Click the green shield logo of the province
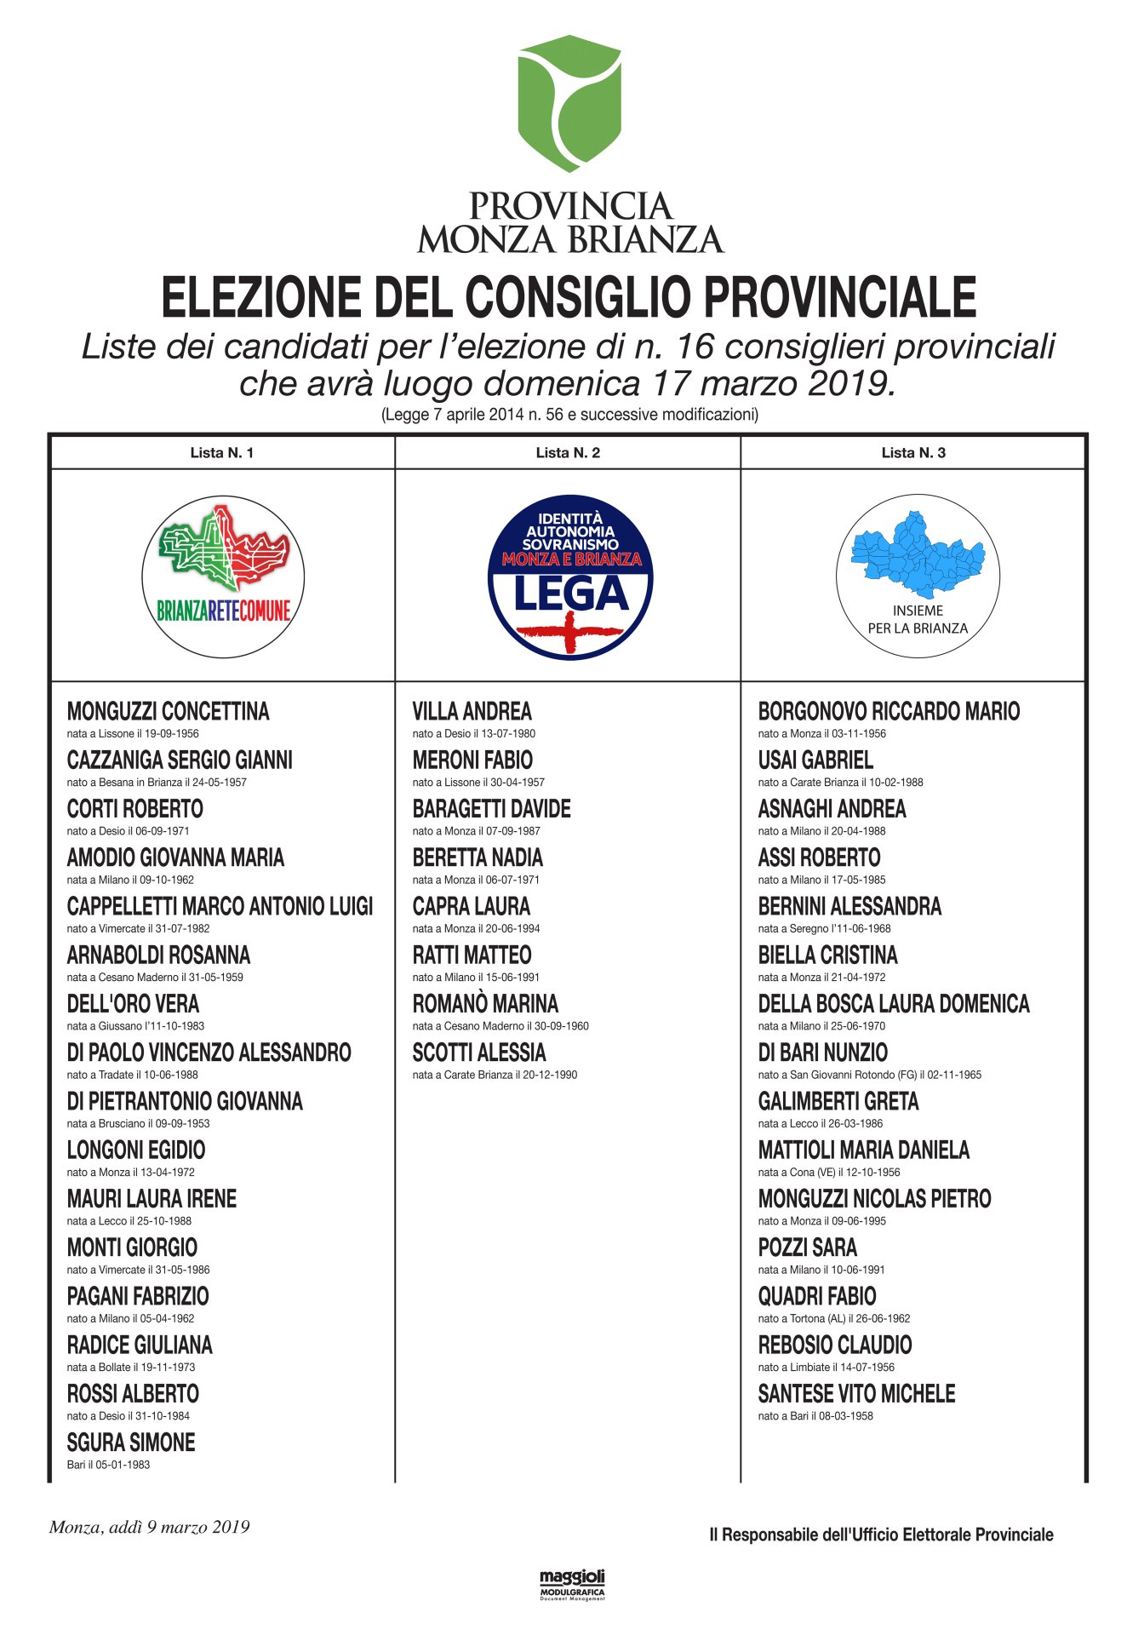pos(569,103)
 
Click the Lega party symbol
pos(570,577)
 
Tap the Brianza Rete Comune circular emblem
pos(223,577)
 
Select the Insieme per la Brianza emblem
pos(918,576)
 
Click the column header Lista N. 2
pos(568,453)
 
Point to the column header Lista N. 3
pos(913,453)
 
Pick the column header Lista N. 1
pos(222,453)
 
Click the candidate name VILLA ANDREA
pos(472,712)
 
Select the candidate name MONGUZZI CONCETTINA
pos(168,712)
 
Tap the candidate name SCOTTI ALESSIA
pos(479,1053)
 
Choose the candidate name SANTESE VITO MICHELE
pos(856,1394)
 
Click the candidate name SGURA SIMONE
pos(131,1443)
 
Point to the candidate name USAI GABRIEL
pos(815,760)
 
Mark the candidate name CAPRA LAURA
pos(471,907)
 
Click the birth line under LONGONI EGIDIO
pos(131,1173)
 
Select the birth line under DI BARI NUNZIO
pos(869,1075)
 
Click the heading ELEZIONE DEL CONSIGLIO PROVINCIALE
pos(569,297)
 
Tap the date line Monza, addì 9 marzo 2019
pos(150,1527)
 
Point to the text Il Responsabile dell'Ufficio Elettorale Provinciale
pos(881,1535)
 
